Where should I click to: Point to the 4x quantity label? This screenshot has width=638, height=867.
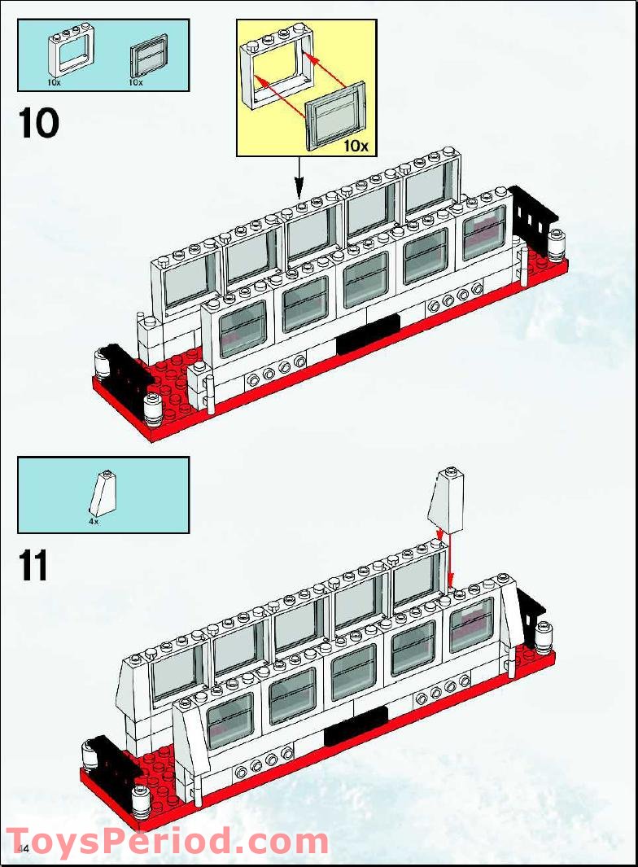click(x=94, y=521)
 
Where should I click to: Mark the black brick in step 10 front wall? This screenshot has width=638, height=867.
click(x=368, y=333)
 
